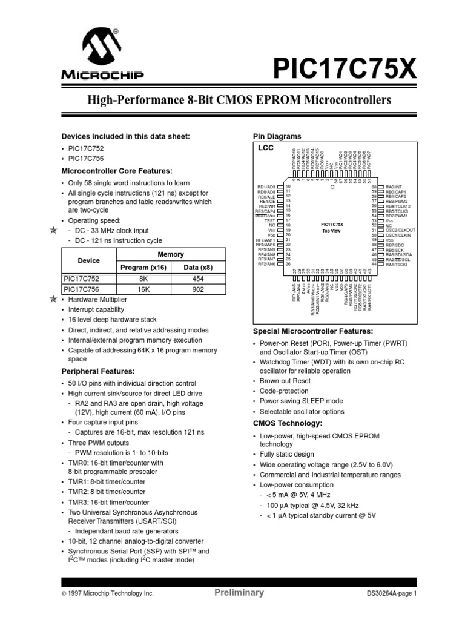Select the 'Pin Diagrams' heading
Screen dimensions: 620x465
coord(278,136)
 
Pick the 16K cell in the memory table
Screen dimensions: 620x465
coord(143,289)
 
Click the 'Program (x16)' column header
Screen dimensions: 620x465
coord(143,267)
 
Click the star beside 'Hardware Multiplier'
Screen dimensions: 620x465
coord(53,300)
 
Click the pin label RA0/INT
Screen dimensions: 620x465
coord(395,187)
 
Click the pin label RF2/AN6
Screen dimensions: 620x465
coord(266,264)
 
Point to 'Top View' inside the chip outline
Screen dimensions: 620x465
coord(332,231)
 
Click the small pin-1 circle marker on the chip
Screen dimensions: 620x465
coord(331,187)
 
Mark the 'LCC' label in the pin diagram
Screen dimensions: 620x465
coord(266,148)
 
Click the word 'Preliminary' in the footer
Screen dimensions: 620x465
coord(239,593)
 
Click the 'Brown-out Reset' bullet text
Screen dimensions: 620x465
coord(285,381)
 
